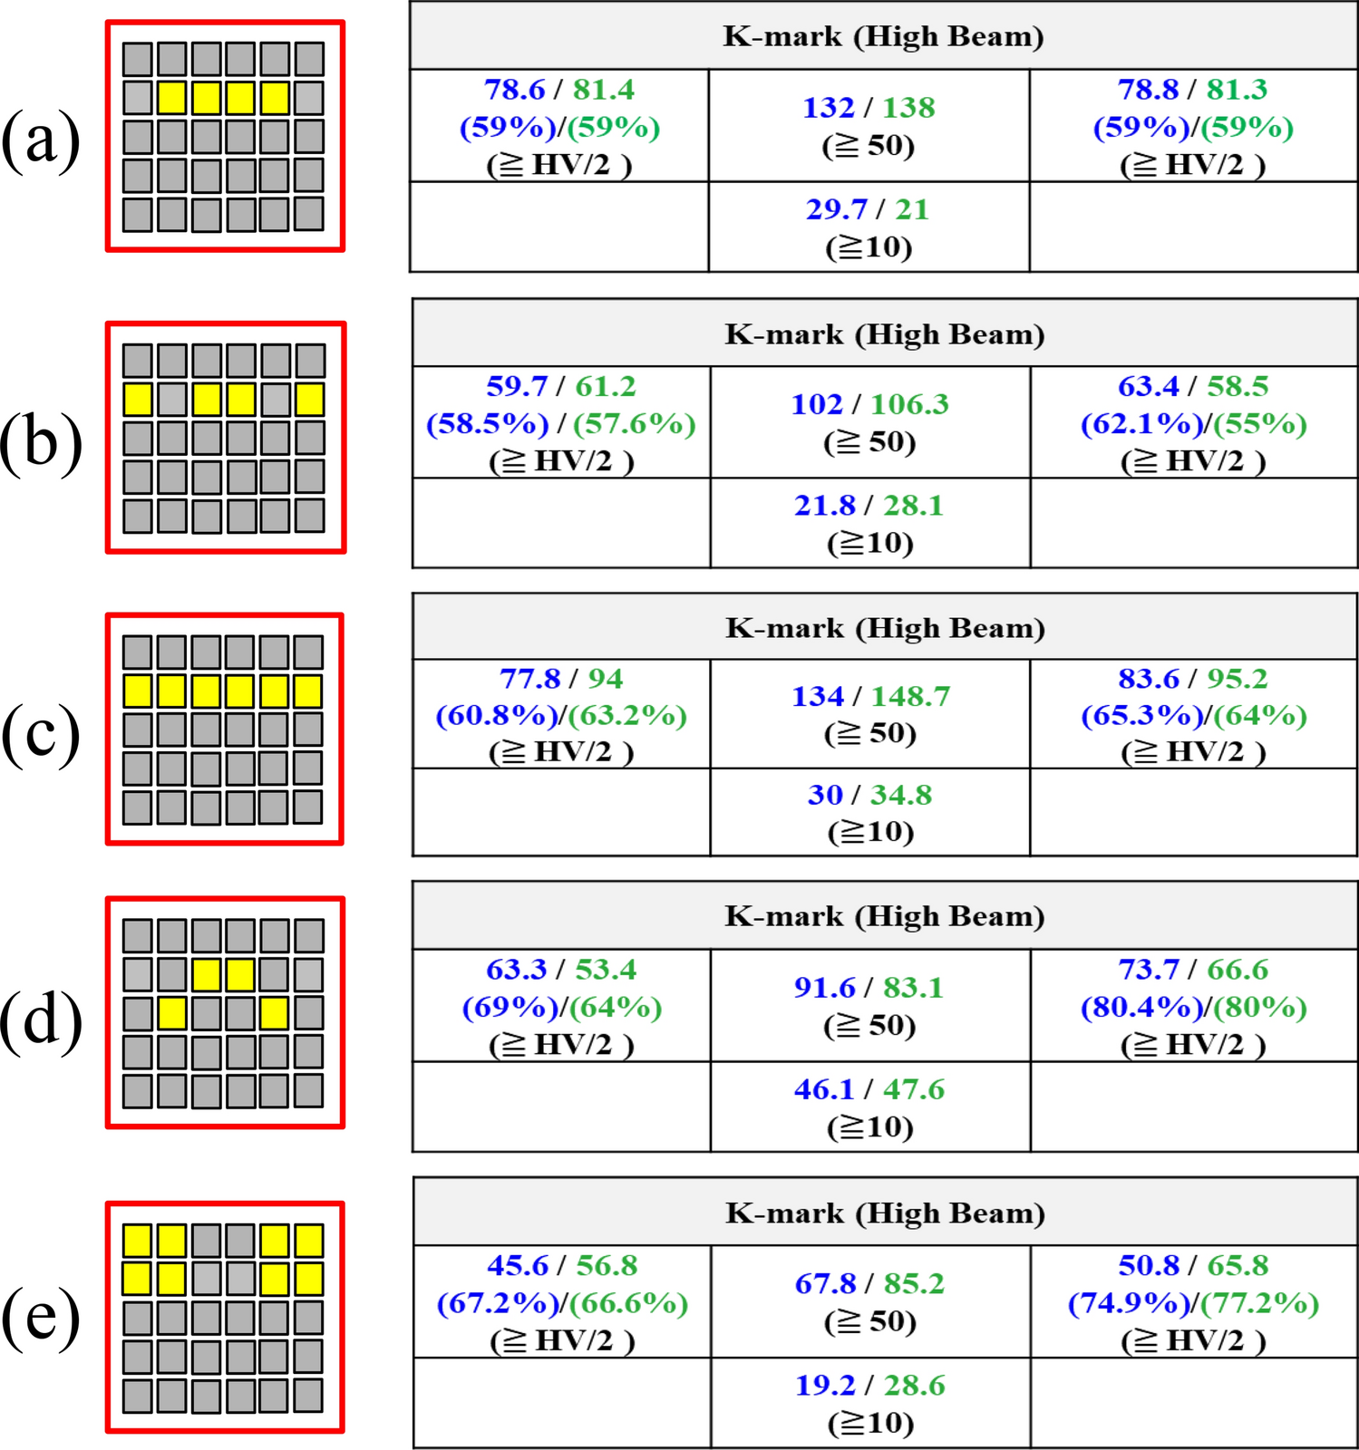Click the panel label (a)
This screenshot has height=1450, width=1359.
click(41, 138)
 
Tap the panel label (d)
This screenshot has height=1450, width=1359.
click(41, 1020)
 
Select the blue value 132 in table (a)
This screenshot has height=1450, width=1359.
click(828, 108)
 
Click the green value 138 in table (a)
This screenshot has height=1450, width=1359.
click(908, 108)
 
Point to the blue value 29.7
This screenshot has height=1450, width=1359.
click(837, 209)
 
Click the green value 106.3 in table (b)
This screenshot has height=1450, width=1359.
click(909, 404)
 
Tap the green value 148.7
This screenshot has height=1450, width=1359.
click(910, 696)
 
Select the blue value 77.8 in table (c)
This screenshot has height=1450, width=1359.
click(530, 679)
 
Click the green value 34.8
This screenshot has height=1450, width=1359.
click(901, 795)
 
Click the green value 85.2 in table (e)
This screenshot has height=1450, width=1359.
click(914, 1283)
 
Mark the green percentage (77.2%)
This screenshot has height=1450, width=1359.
click(1260, 1303)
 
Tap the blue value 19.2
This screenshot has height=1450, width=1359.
click(825, 1386)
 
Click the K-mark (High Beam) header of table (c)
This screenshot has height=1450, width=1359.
click(885, 628)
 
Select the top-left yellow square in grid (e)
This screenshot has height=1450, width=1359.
click(137, 1241)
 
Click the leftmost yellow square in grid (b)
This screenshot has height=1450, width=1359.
click(137, 400)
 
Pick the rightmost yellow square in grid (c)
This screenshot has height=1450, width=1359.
click(308, 691)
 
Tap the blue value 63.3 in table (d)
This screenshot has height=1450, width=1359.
click(516, 970)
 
